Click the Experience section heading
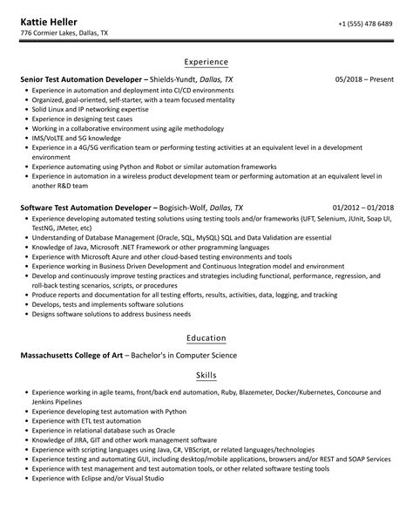click(206, 62)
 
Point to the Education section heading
click(206, 337)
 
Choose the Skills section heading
click(206, 375)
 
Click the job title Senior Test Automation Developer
click(84, 79)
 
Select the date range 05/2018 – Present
click(364, 79)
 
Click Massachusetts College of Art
click(79, 355)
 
